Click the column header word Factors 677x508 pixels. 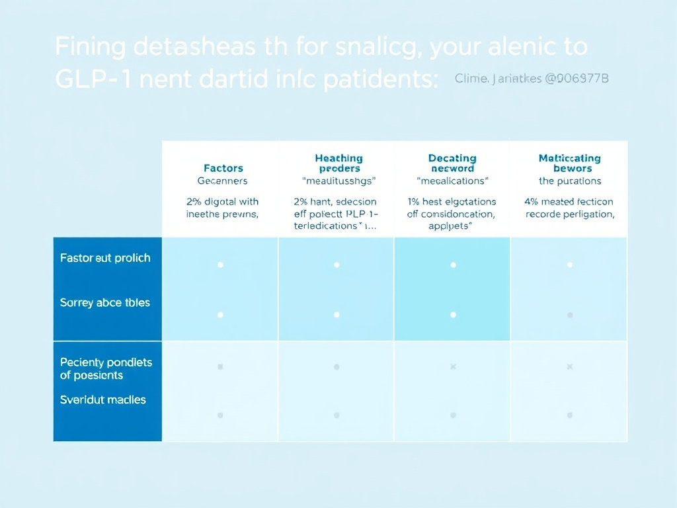click(223, 168)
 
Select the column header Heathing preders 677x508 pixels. click(338, 163)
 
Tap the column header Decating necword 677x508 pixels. click(452, 163)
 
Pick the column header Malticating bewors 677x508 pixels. click(569, 163)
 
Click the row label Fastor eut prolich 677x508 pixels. click(105, 258)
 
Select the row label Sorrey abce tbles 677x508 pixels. click(105, 303)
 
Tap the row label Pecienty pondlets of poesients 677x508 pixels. click(106, 368)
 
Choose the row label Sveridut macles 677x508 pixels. click(103, 400)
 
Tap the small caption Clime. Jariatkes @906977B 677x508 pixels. click(532, 79)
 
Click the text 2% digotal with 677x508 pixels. click(223, 202)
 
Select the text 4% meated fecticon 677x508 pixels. click(569, 202)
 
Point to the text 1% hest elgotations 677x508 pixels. click(452, 202)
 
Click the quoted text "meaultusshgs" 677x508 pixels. click(338, 181)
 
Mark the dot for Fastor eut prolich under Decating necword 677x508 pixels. click(453, 265)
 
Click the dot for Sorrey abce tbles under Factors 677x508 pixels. click(220, 315)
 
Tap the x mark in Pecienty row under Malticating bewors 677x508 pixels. click(569, 366)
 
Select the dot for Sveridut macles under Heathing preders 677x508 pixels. click(337, 415)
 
